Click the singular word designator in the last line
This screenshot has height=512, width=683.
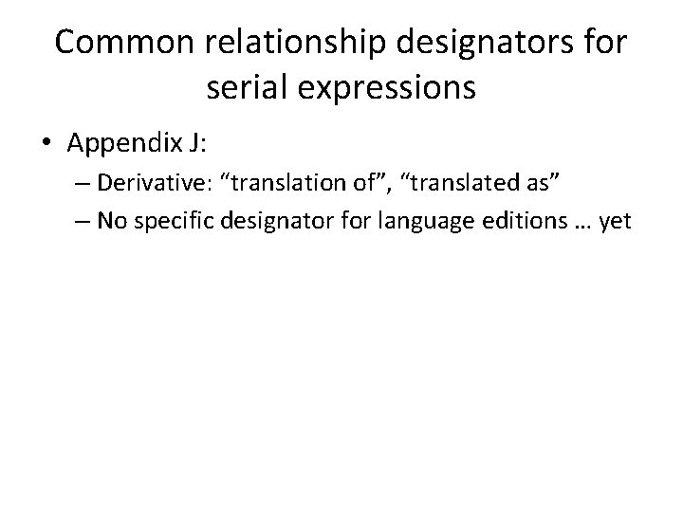pos(271,223)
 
